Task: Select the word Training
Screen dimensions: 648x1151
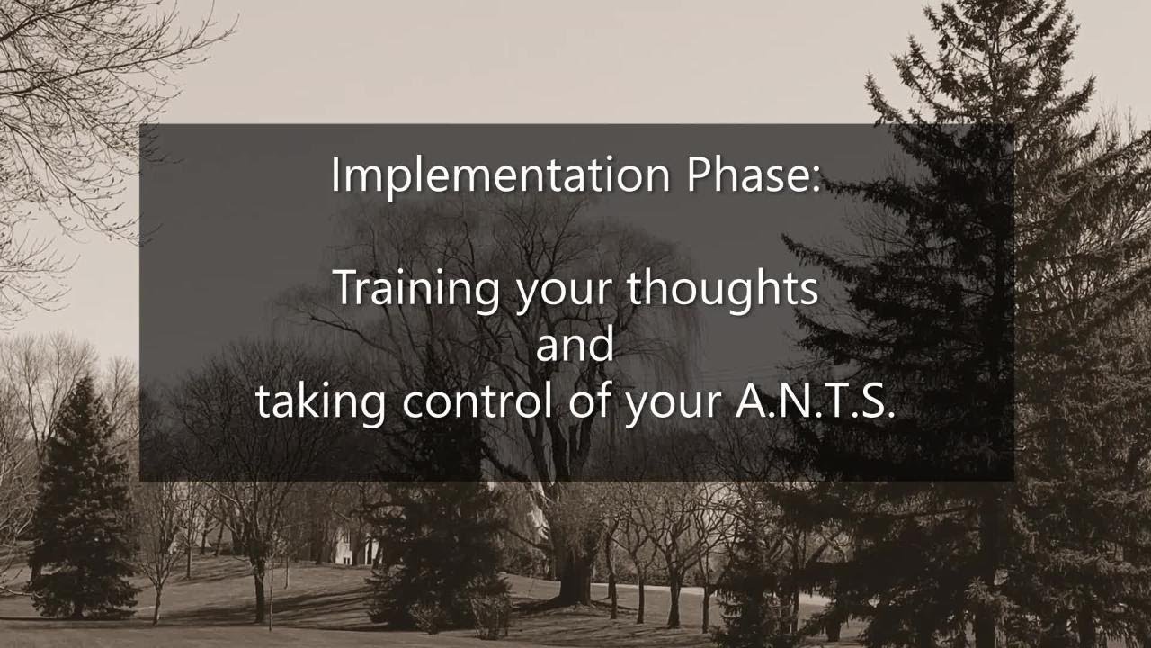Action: click(x=417, y=288)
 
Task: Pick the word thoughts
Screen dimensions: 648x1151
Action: click(x=722, y=288)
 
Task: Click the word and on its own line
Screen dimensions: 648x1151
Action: click(x=575, y=345)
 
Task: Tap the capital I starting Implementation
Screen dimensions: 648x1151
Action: click(x=336, y=175)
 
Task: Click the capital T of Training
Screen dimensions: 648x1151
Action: click(x=346, y=288)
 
